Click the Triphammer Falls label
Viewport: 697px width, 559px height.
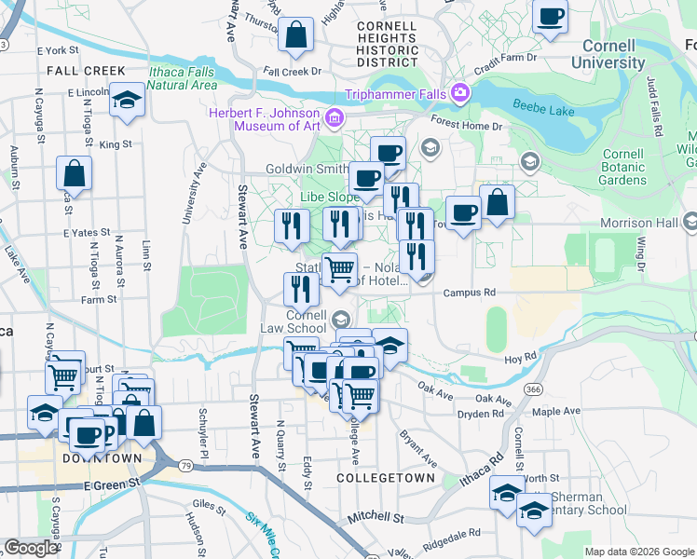(394, 94)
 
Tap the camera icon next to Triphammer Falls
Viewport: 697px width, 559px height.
(458, 93)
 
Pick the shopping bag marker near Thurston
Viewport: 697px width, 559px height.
(295, 36)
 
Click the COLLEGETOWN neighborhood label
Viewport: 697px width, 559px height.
(385, 477)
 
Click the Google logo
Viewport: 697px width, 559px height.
(30, 548)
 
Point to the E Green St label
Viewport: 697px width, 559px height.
(111, 485)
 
